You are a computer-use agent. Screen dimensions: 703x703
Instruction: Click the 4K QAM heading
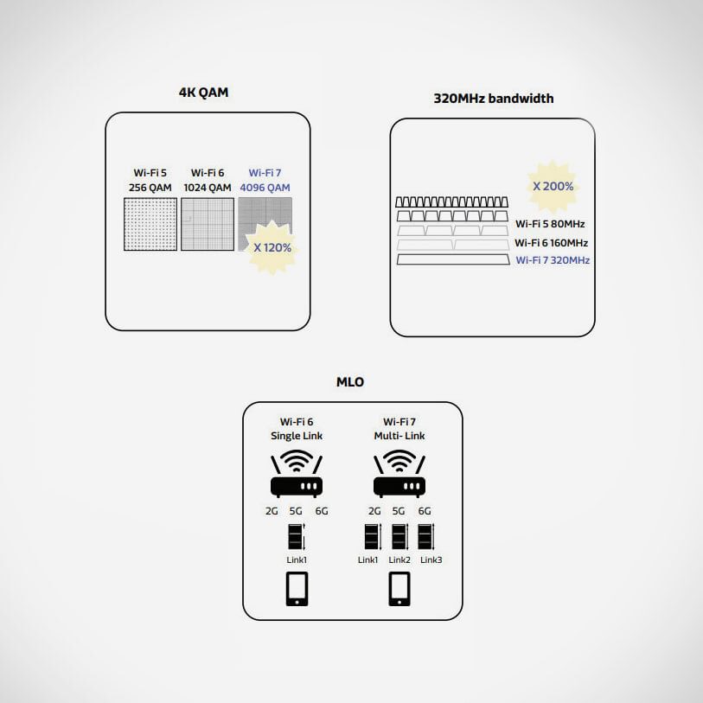pos(203,93)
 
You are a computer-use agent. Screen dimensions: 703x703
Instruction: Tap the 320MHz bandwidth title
pos(493,99)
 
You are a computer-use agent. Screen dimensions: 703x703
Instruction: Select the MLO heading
pos(349,381)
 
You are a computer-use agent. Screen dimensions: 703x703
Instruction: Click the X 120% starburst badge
pos(272,246)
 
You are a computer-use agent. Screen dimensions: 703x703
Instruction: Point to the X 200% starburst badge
pos(553,185)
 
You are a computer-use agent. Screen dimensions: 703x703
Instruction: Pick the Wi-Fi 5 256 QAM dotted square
pos(150,225)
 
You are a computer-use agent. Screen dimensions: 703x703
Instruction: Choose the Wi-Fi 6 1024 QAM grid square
pos(208,225)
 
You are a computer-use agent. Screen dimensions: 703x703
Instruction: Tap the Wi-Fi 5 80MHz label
pos(550,224)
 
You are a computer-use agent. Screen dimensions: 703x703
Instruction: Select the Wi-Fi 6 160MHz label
pos(551,243)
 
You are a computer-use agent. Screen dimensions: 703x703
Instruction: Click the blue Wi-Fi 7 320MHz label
pos(553,259)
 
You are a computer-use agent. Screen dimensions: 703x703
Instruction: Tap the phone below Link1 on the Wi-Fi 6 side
pos(297,589)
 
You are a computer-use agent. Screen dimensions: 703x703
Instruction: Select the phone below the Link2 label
pos(399,589)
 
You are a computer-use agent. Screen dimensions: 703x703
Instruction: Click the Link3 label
pos(431,560)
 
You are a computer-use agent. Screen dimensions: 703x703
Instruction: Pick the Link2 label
pos(399,560)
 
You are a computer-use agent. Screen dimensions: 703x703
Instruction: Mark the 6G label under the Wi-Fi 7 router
pos(425,511)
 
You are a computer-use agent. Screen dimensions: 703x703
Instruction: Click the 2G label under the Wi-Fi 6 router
pos(272,511)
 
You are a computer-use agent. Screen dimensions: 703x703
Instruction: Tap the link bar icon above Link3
pos(425,537)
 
